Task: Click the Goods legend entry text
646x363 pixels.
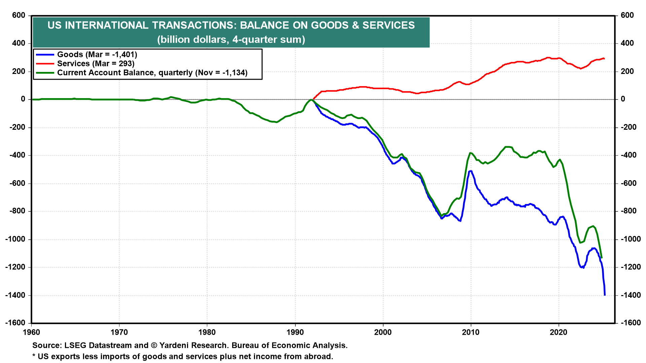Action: point(97,54)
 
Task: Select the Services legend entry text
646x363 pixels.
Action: point(96,64)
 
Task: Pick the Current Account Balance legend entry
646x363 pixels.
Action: point(152,73)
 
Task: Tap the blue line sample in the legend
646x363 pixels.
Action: point(45,54)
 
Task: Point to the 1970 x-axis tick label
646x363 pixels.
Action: point(119,332)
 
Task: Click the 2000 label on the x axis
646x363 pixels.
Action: point(383,332)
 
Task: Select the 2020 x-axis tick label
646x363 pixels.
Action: point(559,332)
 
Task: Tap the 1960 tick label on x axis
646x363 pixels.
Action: point(31,332)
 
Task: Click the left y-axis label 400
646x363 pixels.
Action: point(19,43)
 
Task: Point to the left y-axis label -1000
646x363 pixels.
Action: point(15,239)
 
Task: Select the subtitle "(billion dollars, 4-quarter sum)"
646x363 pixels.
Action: point(231,40)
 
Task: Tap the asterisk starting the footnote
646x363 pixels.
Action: point(34,356)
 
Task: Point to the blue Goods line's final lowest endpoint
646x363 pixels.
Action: point(605,295)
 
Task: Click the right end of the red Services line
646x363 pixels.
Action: point(604,58)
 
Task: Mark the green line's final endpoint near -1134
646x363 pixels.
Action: point(602,258)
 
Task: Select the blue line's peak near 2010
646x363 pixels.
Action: point(471,171)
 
